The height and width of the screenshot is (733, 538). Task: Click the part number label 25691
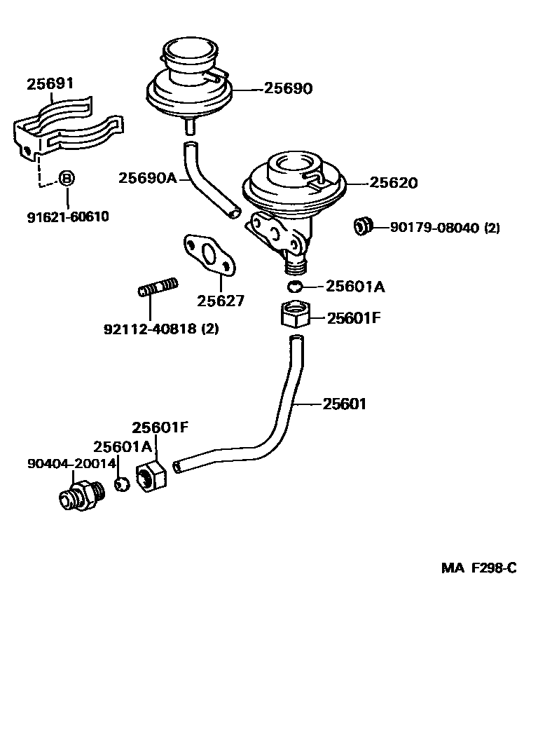pyautogui.click(x=50, y=84)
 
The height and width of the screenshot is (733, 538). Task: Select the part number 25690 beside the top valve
pyautogui.click(x=288, y=88)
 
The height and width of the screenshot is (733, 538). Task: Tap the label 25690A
pyautogui.click(x=147, y=178)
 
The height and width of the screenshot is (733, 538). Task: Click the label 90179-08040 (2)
pyautogui.click(x=445, y=227)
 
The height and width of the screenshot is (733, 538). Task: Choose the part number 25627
pyautogui.click(x=221, y=301)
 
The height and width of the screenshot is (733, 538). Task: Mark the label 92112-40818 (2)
pyautogui.click(x=160, y=328)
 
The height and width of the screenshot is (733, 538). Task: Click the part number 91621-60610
pyautogui.click(x=68, y=217)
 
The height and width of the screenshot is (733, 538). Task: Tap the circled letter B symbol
pyautogui.click(x=65, y=178)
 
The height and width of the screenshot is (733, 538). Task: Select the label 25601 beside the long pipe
pyautogui.click(x=345, y=404)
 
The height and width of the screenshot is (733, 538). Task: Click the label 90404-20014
pyautogui.click(x=71, y=464)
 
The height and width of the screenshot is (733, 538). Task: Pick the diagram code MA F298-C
pyautogui.click(x=478, y=568)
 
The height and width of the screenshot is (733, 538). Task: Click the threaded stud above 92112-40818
pyautogui.click(x=159, y=288)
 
